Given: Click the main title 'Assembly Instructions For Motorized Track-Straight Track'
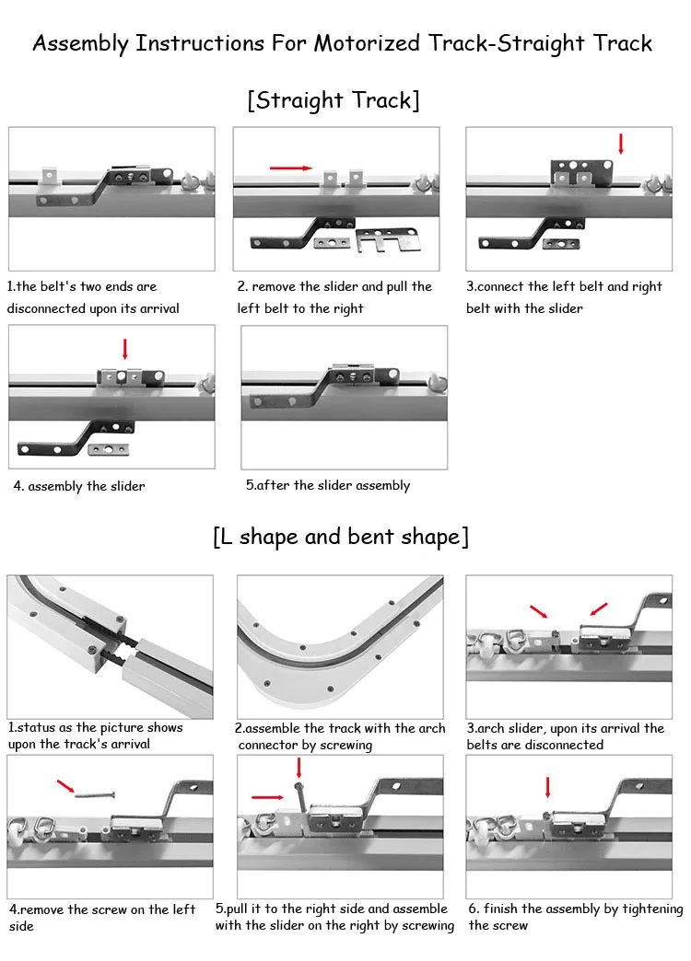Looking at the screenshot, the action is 343,43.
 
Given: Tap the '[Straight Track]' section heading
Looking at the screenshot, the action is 333,99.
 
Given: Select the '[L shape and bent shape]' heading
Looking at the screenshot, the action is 340,537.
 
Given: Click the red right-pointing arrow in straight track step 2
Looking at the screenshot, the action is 290,168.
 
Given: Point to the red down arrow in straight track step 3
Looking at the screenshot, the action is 621,144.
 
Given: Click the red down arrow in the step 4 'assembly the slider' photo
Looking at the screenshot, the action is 125,349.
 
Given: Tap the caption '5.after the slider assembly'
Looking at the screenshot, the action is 328,485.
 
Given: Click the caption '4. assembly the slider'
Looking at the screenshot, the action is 79,486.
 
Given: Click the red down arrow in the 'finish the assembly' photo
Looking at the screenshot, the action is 548,787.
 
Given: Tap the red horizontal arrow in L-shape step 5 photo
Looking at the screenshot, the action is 267,798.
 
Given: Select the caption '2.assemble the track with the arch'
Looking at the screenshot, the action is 340,728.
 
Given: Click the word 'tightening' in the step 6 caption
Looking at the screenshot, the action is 650,909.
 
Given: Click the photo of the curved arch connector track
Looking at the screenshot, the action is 340,646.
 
